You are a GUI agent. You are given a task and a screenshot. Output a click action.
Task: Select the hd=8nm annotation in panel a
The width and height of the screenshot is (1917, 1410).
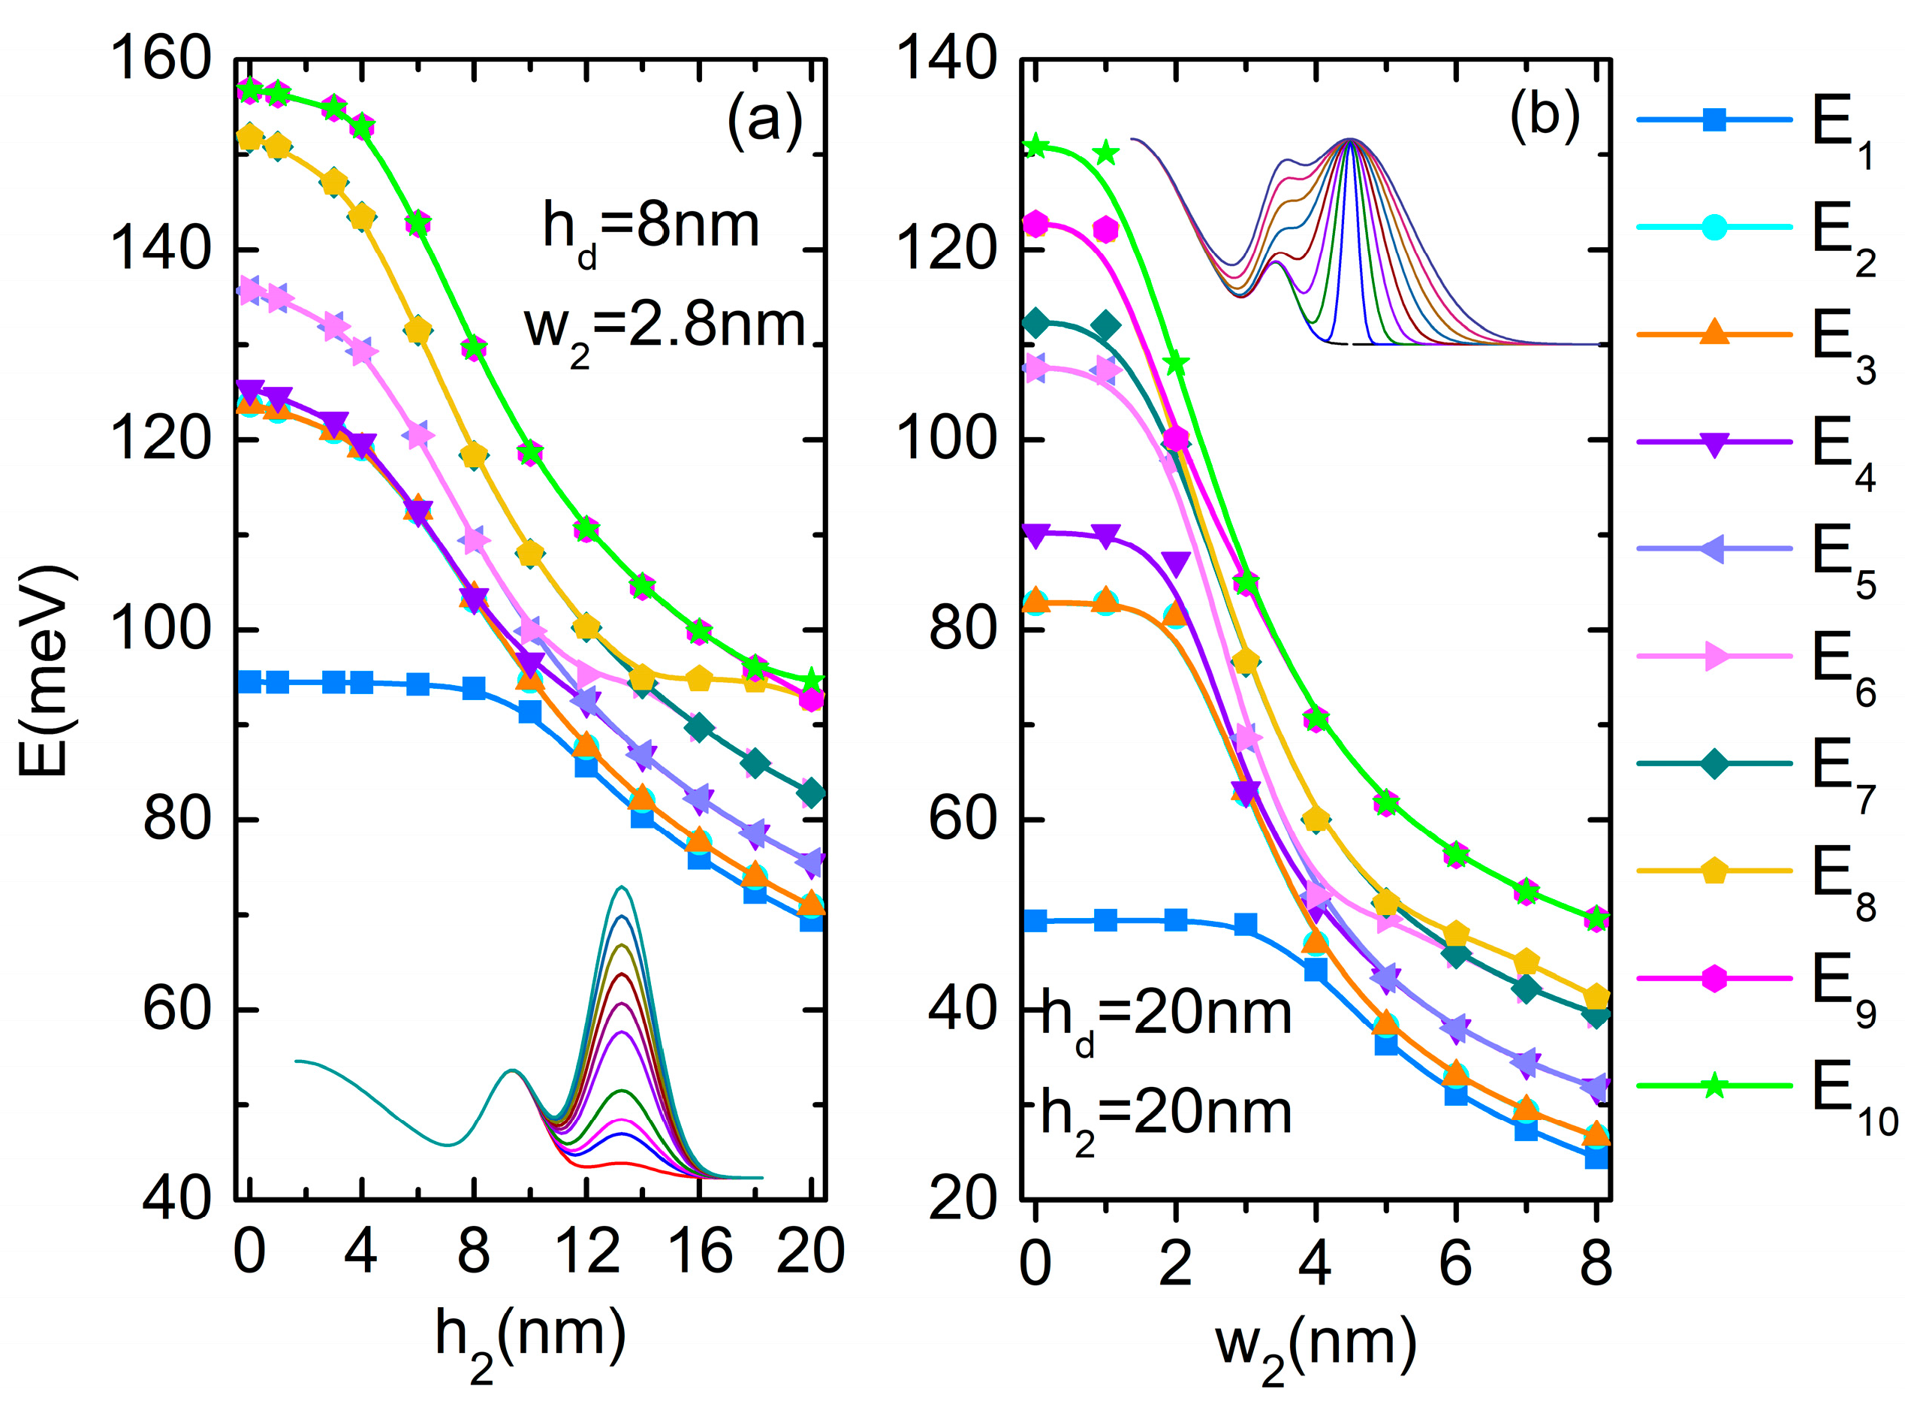point(650,229)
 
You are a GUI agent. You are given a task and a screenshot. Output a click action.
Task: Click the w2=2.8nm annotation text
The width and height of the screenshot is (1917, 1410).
point(664,328)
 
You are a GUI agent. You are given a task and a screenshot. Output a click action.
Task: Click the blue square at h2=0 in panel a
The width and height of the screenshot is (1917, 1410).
point(249,682)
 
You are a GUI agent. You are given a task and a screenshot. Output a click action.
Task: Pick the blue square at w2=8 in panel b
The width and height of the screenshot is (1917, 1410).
point(1596,1158)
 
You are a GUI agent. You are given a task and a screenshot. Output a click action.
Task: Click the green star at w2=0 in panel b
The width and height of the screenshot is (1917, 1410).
point(1035,146)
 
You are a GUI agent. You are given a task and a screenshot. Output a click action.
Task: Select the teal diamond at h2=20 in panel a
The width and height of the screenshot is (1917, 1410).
point(812,793)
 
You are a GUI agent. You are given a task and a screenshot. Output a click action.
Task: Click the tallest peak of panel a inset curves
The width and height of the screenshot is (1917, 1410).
point(622,888)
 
